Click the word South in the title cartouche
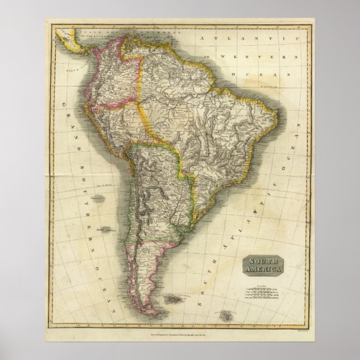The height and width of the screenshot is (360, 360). pos(262,262)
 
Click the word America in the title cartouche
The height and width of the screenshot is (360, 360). pos(263,270)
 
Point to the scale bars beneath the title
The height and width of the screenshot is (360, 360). pos(262,292)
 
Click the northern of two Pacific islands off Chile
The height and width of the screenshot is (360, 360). pos(99,197)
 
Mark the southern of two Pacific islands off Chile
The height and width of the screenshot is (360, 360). pos(105,228)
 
